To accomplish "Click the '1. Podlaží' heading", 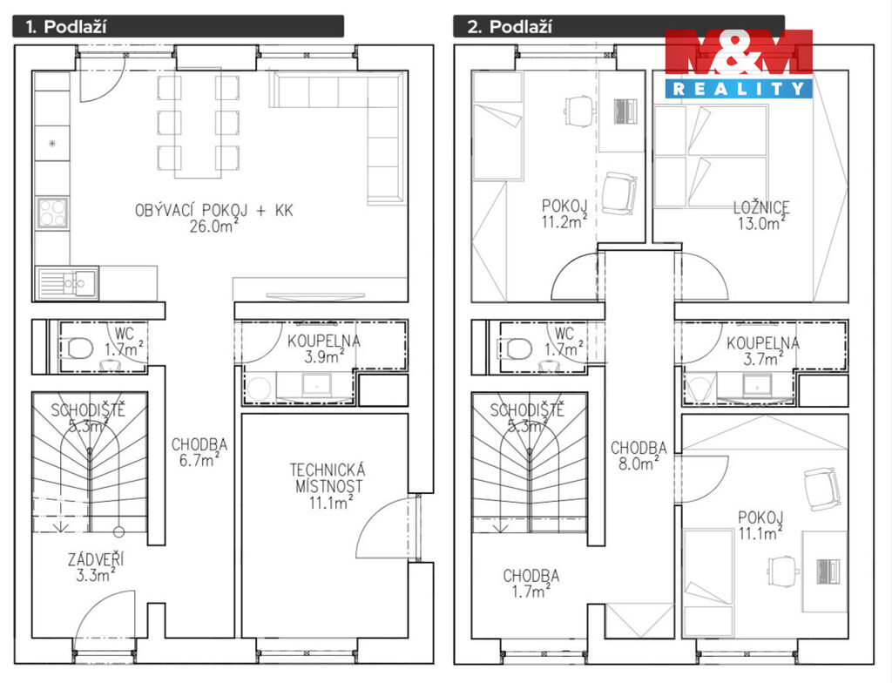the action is pos(67,27).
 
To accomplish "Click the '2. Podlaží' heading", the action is pos(509,27).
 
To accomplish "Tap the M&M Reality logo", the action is pos(739,64).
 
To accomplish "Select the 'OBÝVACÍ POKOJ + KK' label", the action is pos(214,210).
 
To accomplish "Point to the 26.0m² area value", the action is pos(214,226).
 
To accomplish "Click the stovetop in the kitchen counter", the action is pos(52,213).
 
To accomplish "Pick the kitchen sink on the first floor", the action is pos(68,282).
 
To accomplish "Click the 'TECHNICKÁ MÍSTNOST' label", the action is pos(328,478).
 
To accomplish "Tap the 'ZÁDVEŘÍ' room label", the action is pos(96,559).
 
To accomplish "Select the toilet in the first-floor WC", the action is pos(80,348).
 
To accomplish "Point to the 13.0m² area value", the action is pos(761,223).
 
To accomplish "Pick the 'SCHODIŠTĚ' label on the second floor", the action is pos(527,409).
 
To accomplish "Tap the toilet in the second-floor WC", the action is pos(520,348).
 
